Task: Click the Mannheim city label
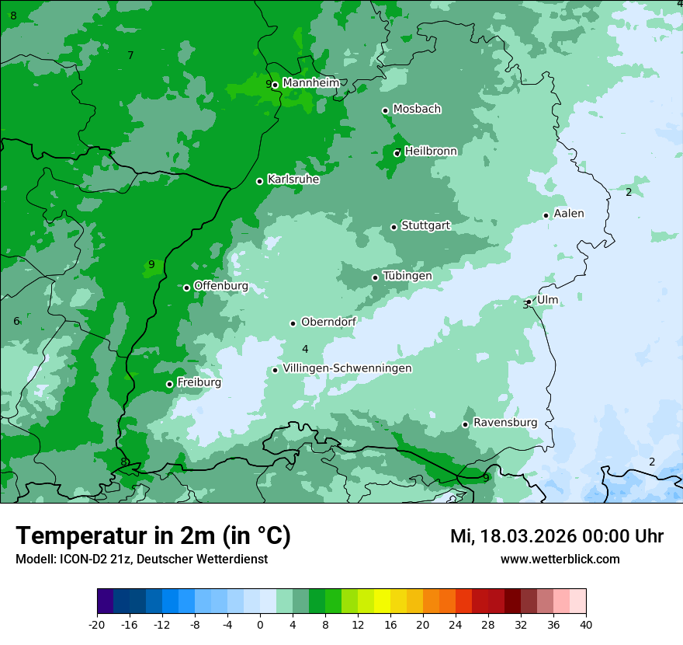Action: point(311,83)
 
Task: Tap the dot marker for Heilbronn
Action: point(397,153)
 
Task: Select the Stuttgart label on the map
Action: point(425,225)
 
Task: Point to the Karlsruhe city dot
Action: point(260,182)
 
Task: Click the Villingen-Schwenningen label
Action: point(347,368)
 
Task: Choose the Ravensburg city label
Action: point(504,423)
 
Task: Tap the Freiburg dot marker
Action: point(169,385)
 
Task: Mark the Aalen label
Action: point(568,214)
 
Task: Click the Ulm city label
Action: point(547,300)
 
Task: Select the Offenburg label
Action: point(220,286)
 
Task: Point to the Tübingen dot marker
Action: point(376,277)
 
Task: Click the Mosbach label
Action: point(417,110)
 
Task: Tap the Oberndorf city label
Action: point(328,322)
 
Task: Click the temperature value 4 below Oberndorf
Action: point(305,349)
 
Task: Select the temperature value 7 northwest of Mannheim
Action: point(130,55)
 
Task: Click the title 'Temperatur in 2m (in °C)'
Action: point(153,535)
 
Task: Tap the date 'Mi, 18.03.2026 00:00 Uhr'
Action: point(556,536)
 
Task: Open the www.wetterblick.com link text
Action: point(560,559)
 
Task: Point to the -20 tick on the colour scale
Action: point(97,624)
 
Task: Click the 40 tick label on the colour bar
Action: point(586,624)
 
